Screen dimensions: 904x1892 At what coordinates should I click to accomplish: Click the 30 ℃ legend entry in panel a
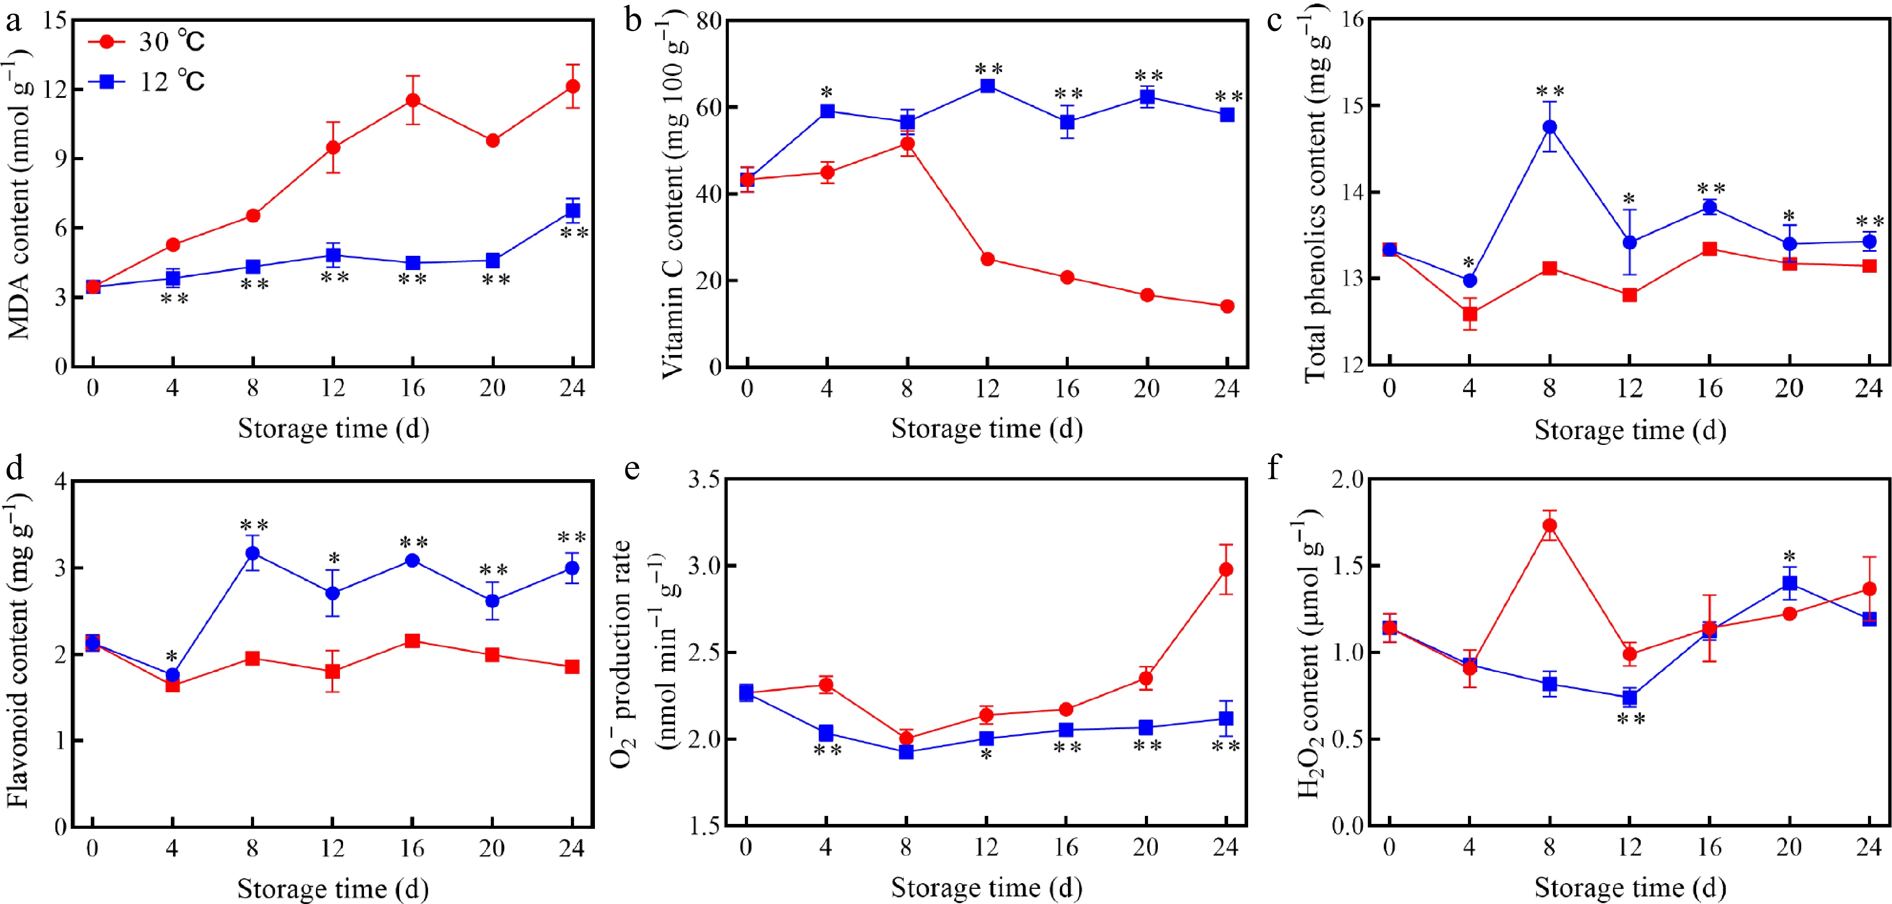(x=147, y=42)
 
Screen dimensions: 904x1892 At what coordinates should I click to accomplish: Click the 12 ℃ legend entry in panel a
(x=147, y=81)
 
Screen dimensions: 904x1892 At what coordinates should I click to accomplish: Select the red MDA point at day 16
(x=413, y=100)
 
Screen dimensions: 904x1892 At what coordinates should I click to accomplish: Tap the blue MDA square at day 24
(x=573, y=211)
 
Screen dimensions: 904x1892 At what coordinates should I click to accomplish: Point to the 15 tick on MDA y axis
(x=55, y=20)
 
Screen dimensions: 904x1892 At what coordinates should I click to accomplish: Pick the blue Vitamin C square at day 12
(x=987, y=86)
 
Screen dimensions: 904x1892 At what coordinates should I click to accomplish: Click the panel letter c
(x=1275, y=20)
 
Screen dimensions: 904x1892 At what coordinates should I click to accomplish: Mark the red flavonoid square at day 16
(x=413, y=641)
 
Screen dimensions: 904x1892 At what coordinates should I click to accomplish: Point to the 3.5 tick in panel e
(x=703, y=480)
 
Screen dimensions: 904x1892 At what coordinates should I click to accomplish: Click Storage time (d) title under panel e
(x=986, y=888)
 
